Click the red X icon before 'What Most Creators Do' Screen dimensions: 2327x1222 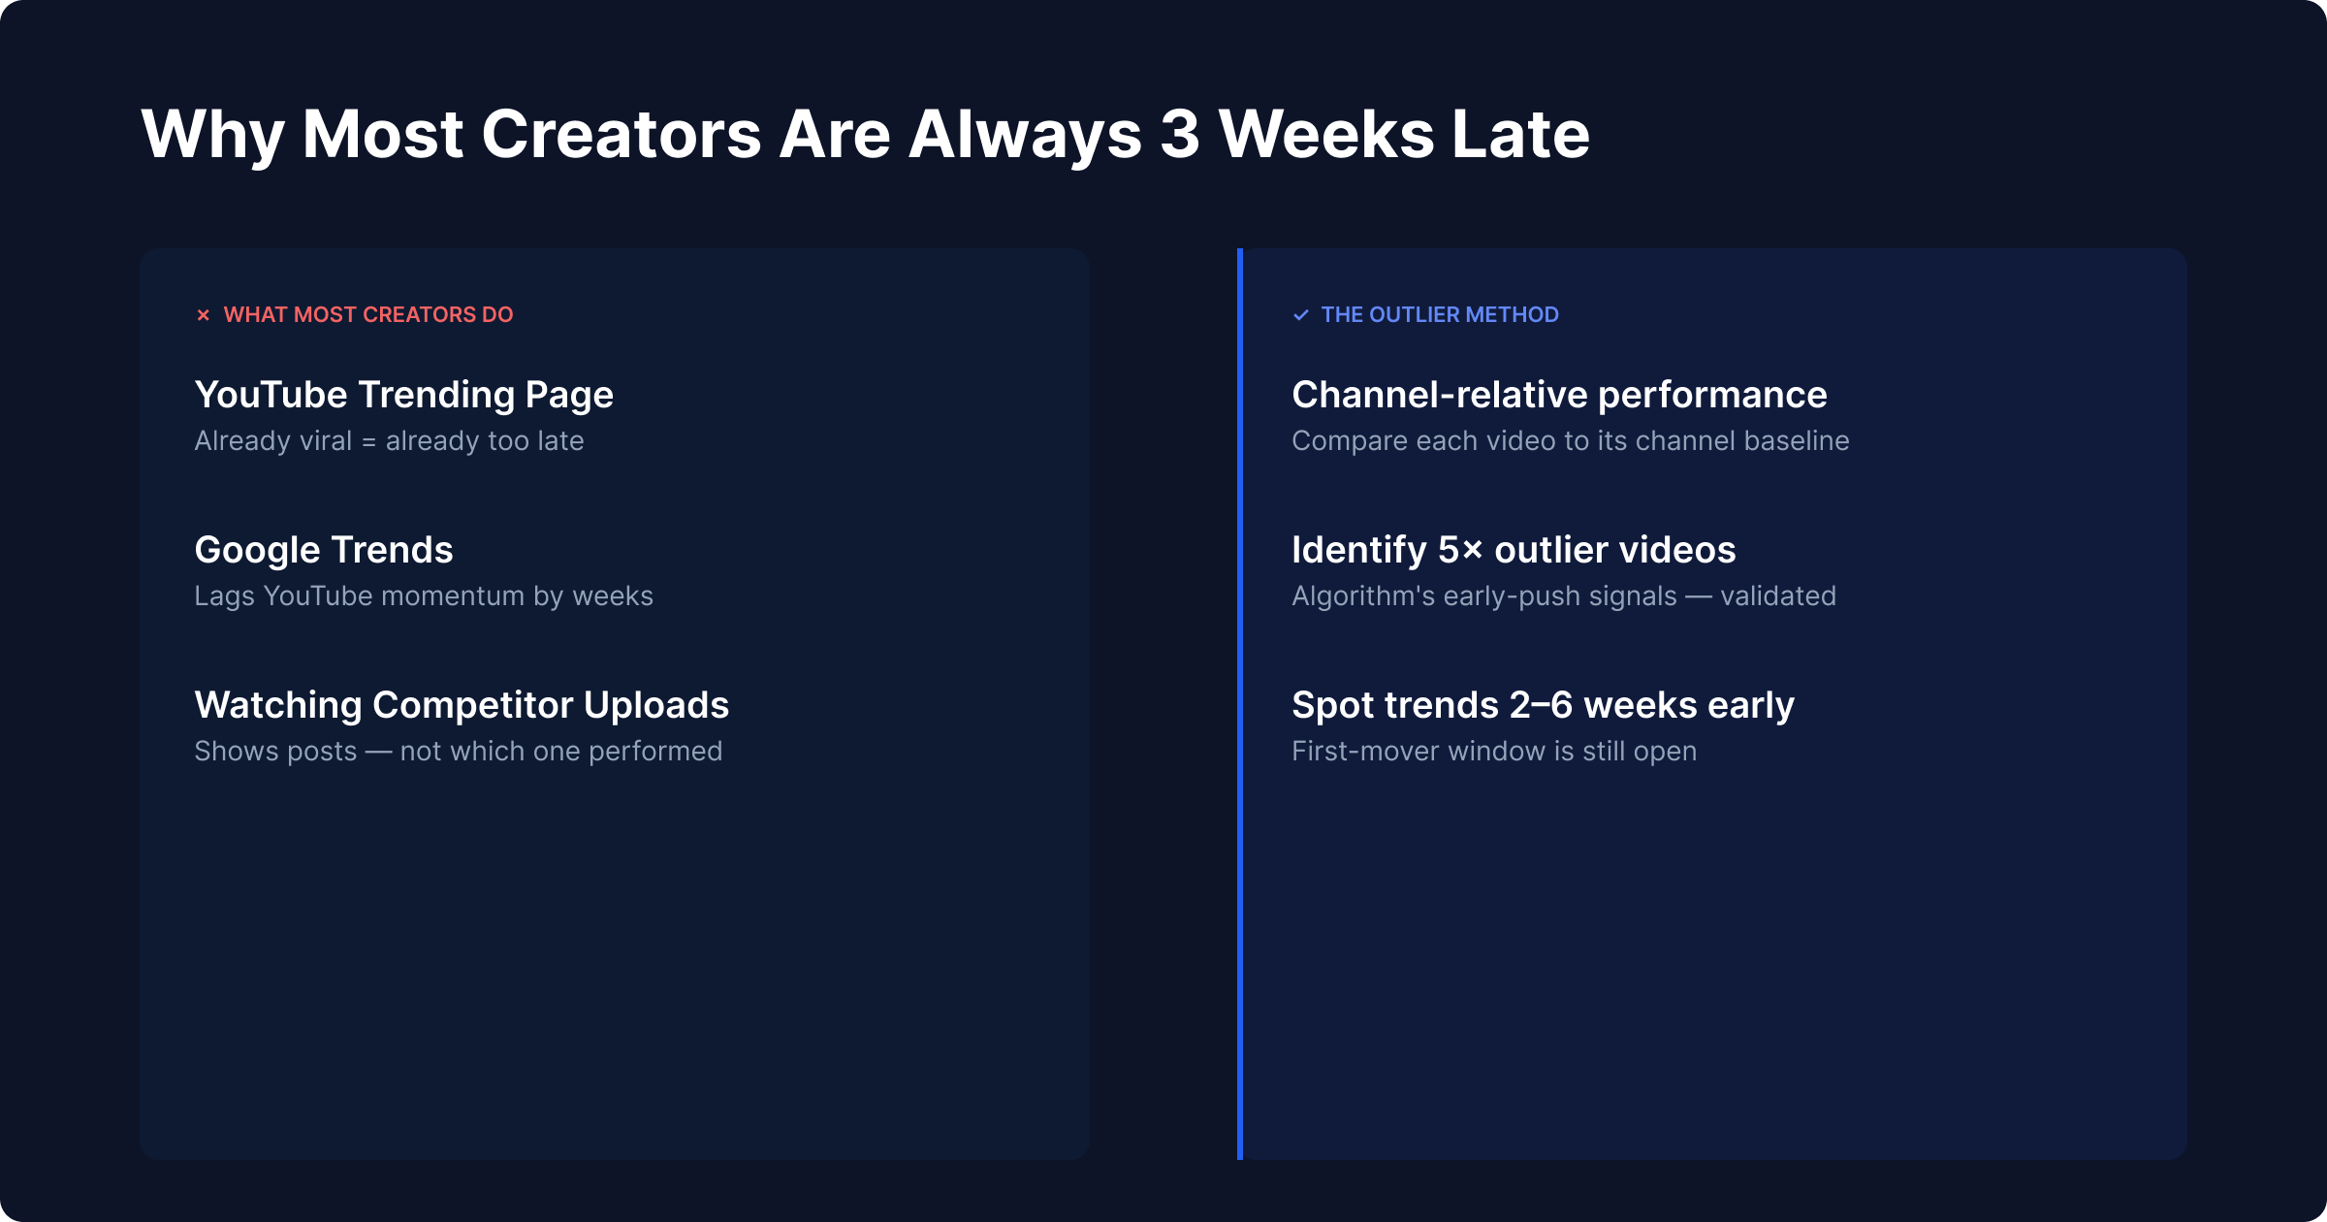(203, 315)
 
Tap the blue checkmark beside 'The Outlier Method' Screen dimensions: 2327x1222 (1301, 315)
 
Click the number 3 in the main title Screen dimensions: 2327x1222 (1180, 134)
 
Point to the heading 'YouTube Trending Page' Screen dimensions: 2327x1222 (403, 396)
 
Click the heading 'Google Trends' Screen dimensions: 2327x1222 (324, 550)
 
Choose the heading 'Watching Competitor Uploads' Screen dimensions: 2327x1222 (462, 705)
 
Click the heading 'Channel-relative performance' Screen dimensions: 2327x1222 (1559, 396)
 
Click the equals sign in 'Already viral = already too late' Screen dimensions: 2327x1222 (368, 442)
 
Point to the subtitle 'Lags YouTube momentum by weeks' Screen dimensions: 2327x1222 (424, 596)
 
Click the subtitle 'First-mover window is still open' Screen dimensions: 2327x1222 (1494, 752)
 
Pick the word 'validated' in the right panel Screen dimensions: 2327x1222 (1778, 595)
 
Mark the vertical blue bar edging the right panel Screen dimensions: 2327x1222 (1240, 704)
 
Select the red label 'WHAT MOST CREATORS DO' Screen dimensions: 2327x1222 (368, 315)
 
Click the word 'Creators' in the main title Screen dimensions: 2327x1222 (622, 134)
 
